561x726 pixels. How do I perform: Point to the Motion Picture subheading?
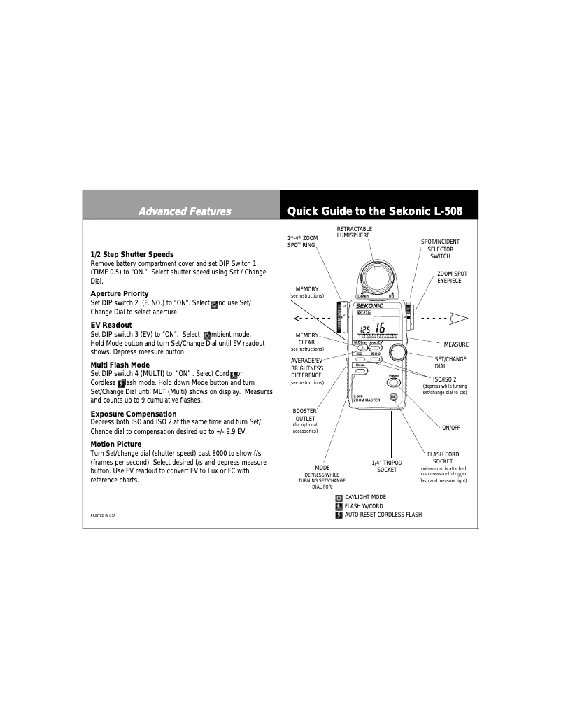click(116, 444)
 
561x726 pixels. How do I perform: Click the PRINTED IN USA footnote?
click(104, 515)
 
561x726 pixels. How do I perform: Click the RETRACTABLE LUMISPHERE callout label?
click(354, 232)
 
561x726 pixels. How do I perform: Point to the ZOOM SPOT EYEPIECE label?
click(452, 277)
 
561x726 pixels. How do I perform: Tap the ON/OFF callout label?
click(451, 427)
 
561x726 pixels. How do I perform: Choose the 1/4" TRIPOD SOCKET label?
click(387, 466)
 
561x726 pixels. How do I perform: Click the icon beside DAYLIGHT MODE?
click(339, 498)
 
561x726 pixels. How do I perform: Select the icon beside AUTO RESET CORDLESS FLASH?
click(339, 515)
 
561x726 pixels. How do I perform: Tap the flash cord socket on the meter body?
click(395, 398)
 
